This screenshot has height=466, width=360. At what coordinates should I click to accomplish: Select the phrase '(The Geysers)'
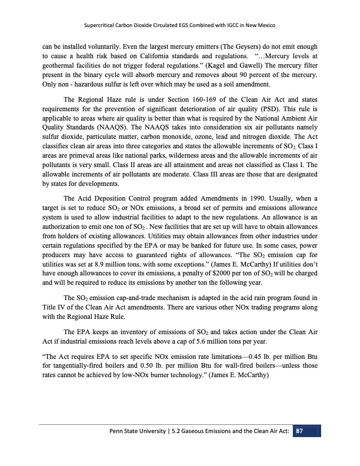[x=232, y=45]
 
